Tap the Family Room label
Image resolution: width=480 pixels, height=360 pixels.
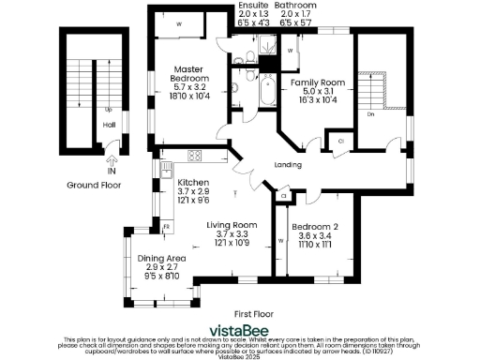319,82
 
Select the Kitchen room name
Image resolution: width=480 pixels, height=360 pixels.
192,182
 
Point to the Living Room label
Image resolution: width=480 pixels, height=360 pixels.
232,225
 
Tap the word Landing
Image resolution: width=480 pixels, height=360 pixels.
288,165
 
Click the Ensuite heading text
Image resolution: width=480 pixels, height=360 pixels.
250,6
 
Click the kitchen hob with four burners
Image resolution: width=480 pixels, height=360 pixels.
196,156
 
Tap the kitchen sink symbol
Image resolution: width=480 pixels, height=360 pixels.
166,172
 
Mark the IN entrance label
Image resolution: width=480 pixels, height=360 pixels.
112,172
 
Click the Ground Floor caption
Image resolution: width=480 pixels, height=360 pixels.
90,186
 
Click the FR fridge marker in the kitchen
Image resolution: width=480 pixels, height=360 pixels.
166,226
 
